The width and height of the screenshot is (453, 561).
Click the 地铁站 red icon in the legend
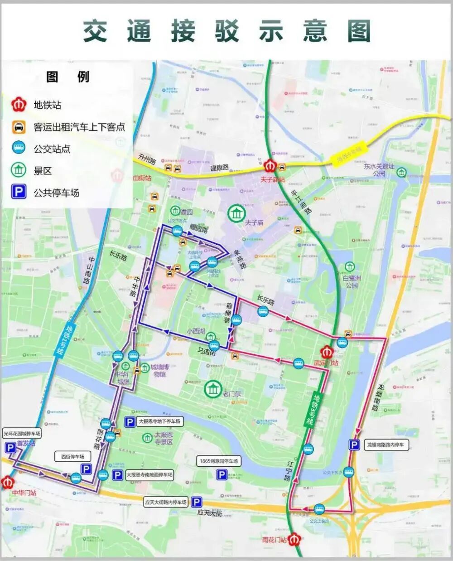pyautogui.click(x=19, y=105)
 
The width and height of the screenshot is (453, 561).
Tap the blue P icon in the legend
pyautogui.click(x=19, y=193)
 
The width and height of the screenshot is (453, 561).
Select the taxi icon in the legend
pyautogui.click(x=19, y=127)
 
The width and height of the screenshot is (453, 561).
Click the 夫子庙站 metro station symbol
pyautogui.click(x=271, y=166)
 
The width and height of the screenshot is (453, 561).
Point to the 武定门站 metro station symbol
pyautogui.click(x=327, y=352)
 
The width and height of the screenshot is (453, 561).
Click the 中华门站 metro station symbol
pyautogui.click(x=7, y=482)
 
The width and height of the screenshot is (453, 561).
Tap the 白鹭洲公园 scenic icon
pyautogui.click(x=349, y=266)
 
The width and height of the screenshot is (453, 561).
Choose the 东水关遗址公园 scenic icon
pyautogui.click(x=401, y=172)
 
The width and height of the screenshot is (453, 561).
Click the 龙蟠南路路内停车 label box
pyautogui.click(x=385, y=445)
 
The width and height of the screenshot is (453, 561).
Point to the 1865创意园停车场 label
pyautogui.click(x=219, y=461)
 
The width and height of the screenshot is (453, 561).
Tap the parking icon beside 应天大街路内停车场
pyautogui.click(x=196, y=502)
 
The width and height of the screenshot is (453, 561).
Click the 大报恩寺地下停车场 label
pyautogui.click(x=159, y=421)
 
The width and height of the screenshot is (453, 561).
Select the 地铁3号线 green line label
pyautogui.click(x=308, y=410)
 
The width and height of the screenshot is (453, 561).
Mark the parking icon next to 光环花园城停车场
pyautogui.click(x=10, y=448)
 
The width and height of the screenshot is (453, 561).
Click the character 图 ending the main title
pyautogui.click(x=359, y=31)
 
